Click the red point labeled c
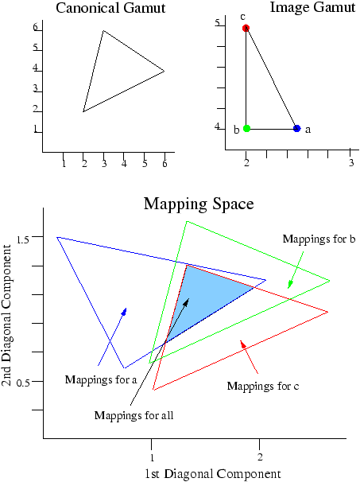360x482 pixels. tap(246, 29)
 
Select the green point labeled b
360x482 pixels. tap(246, 129)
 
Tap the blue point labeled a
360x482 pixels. tap(296, 129)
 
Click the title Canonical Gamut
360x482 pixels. tap(110, 8)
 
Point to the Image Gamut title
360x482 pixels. tap(312, 7)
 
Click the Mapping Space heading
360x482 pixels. tap(199, 204)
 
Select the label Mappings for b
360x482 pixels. tap(319, 239)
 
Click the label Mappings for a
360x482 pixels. tap(101, 380)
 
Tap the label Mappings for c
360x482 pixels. tap(263, 386)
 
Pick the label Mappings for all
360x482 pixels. tap(134, 415)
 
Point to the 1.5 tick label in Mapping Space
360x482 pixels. tap(22, 239)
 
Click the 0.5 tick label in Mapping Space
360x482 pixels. tap(22, 383)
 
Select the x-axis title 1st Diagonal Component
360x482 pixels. tap(212, 475)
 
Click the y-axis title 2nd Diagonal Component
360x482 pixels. tap(7, 316)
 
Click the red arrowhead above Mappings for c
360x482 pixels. tap(243, 344)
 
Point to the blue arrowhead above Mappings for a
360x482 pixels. tap(124, 312)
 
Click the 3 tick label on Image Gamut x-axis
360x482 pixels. tap(351, 162)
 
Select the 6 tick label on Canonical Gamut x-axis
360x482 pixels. tap(165, 164)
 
